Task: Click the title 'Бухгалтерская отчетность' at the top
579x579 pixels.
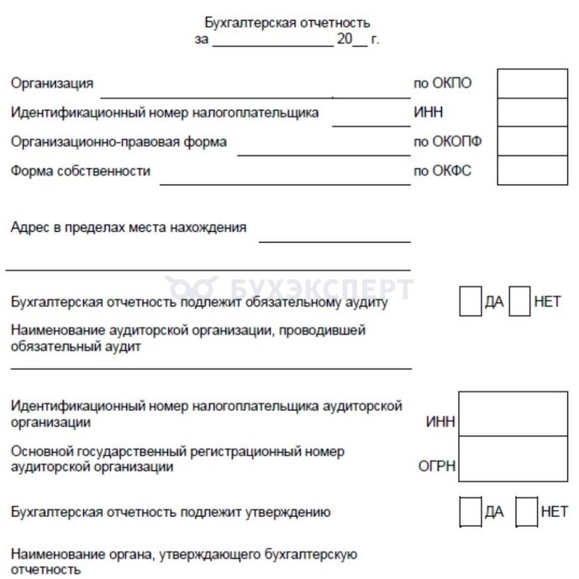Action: click(287, 23)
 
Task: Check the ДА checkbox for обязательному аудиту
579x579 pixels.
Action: click(471, 302)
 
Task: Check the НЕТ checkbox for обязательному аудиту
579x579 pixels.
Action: click(520, 302)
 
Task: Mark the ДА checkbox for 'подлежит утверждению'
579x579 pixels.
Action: click(471, 511)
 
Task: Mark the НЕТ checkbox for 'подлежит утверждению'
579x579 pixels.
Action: click(526, 511)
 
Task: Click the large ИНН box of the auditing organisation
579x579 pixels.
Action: click(513, 413)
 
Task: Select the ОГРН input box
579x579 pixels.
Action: click(513, 458)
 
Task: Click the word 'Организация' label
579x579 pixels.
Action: click(52, 83)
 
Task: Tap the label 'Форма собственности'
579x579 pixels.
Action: click(81, 171)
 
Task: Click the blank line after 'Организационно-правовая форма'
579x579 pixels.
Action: click(323, 153)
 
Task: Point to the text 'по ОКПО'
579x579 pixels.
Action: click(441, 83)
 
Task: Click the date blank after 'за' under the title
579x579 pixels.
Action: click(273, 41)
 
